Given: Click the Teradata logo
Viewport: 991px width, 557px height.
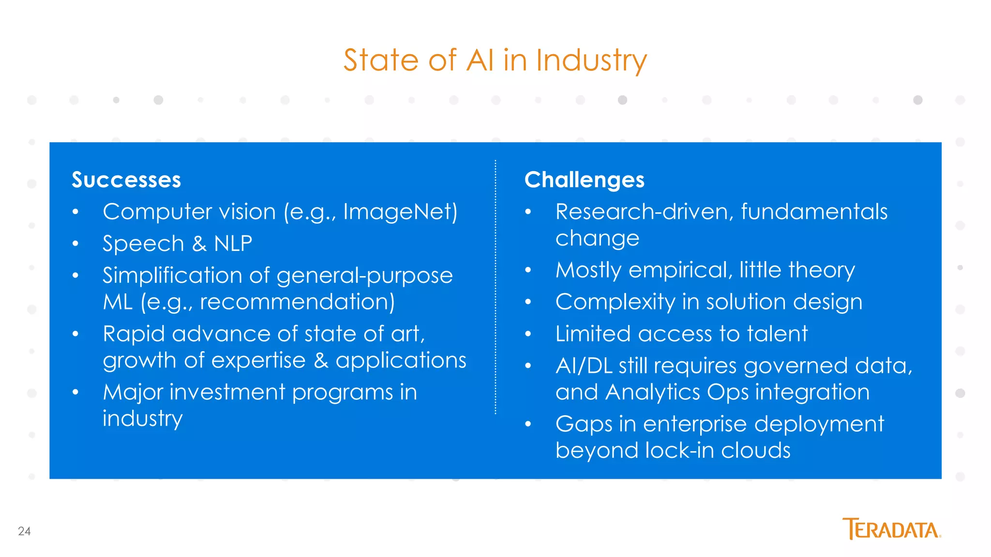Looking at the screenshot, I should [x=891, y=529].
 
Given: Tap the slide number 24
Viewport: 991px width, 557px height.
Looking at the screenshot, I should [x=24, y=531].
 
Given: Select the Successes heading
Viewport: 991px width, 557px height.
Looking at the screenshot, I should [x=126, y=180].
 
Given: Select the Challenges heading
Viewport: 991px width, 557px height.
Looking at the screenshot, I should [x=584, y=180].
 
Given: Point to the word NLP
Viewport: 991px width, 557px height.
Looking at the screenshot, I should [x=233, y=243].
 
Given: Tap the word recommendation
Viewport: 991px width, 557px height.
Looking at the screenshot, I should [x=297, y=302].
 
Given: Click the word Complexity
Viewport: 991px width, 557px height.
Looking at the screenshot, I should [x=615, y=302].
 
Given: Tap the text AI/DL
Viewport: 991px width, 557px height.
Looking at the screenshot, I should [x=584, y=366].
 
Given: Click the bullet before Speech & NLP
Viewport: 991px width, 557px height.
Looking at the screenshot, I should [x=75, y=244].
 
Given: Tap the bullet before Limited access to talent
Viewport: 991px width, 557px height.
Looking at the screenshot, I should [x=528, y=334].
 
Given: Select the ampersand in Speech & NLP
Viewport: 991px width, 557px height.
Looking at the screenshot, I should [x=199, y=243].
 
